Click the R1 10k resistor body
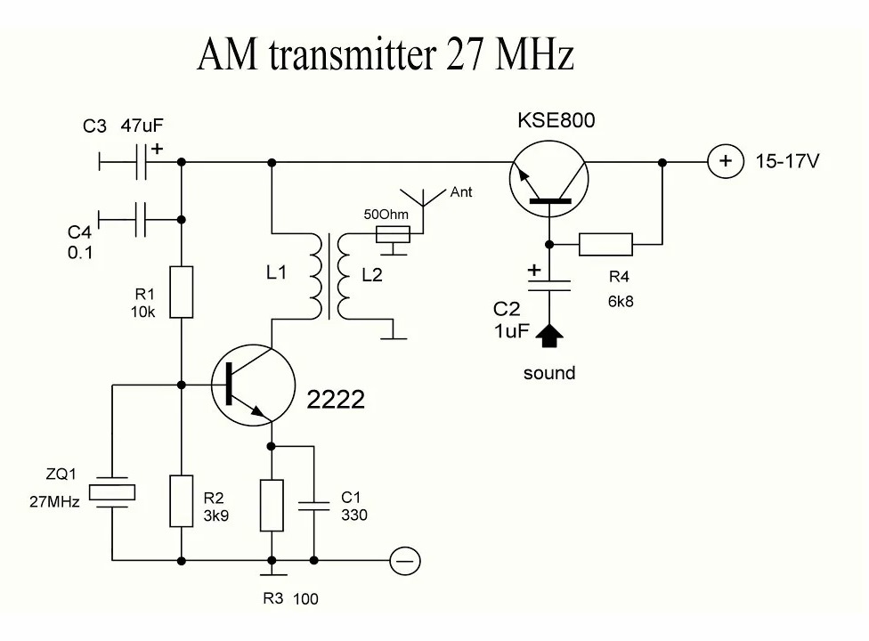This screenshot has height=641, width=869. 182,291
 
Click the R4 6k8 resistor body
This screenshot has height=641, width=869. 605,244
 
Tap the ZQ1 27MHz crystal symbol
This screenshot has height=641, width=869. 113,491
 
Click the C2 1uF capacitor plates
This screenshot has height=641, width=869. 550,283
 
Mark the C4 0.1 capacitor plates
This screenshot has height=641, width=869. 141,218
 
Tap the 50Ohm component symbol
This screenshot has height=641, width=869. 393,234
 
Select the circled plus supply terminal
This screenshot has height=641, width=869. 724,162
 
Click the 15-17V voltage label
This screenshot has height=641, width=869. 788,163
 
